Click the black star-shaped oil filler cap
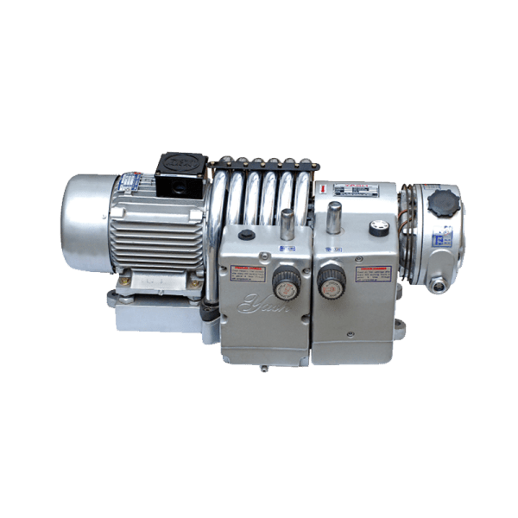[443, 206]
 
